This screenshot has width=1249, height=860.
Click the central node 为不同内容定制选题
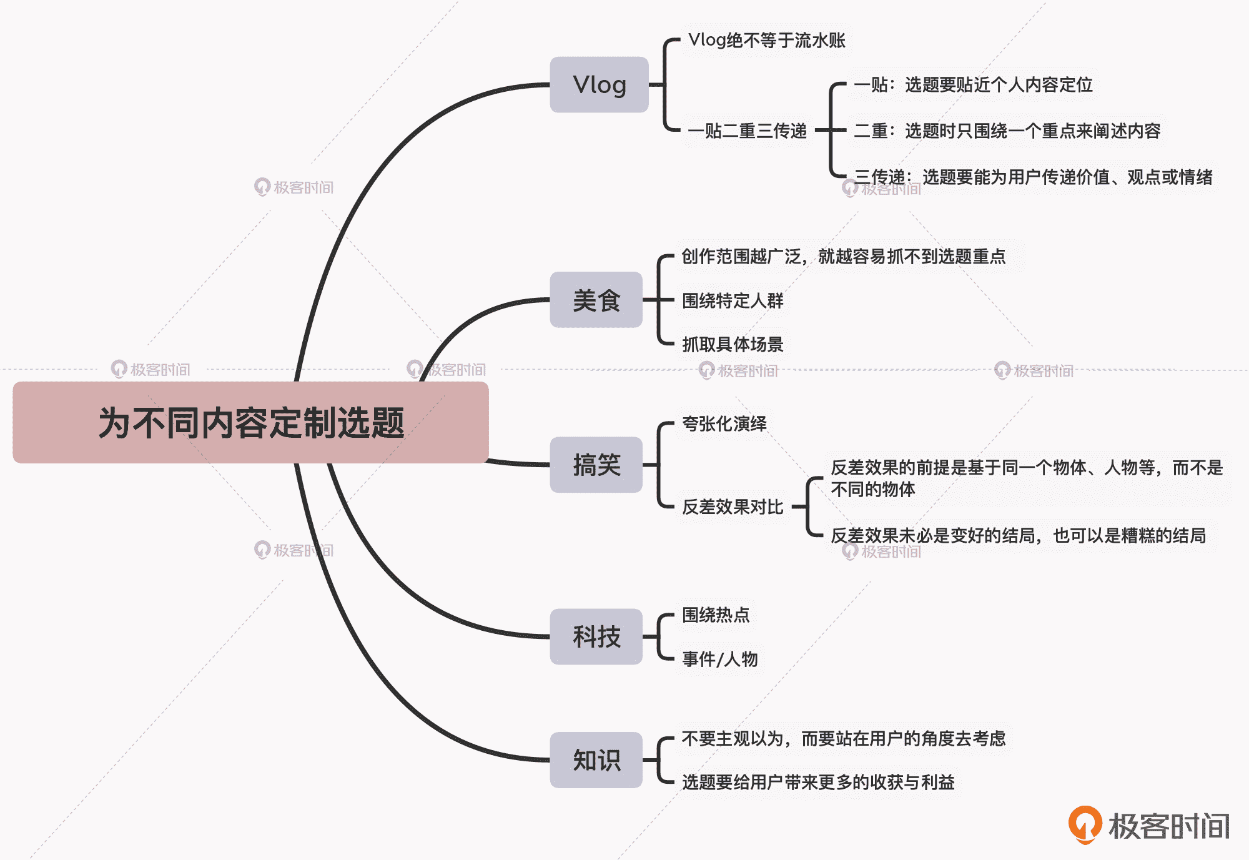[x=250, y=422]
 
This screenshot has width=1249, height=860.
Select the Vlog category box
[x=599, y=85]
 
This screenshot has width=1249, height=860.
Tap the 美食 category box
[x=596, y=300]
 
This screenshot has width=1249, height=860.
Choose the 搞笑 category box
[x=596, y=465]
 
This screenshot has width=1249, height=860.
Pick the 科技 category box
[x=596, y=636]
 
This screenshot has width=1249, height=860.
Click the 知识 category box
[x=596, y=760]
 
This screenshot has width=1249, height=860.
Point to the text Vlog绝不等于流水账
[x=766, y=41]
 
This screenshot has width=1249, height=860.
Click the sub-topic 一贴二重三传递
[x=747, y=131]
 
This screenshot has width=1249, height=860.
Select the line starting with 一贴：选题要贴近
[x=973, y=85]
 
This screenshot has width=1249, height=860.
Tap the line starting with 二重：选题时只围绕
[x=1007, y=131]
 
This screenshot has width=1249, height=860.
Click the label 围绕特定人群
[x=732, y=301]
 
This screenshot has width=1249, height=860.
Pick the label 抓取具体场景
[x=732, y=344]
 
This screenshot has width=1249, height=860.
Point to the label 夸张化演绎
[x=724, y=424]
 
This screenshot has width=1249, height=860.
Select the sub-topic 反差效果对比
[x=732, y=507]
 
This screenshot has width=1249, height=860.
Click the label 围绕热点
[x=715, y=615]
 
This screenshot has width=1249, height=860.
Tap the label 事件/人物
[x=719, y=659]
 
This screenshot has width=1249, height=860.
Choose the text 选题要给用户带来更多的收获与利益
[x=817, y=783]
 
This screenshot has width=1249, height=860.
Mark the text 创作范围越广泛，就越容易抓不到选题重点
[x=843, y=257]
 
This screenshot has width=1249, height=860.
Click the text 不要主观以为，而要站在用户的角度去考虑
[x=843, y=739]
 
